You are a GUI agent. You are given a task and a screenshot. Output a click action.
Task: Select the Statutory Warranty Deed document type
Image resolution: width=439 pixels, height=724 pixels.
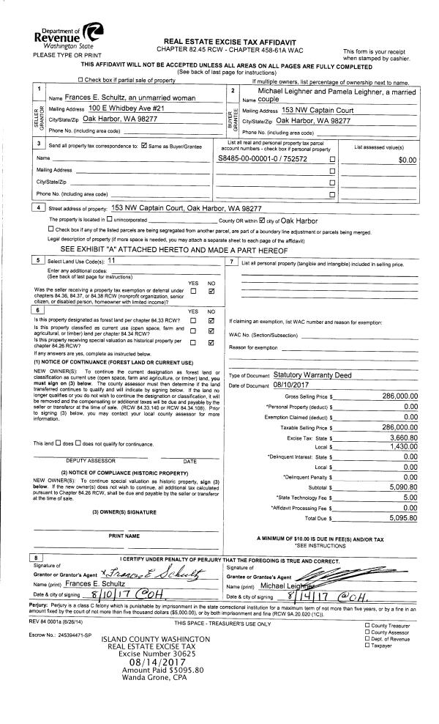[x=310, y=374]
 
